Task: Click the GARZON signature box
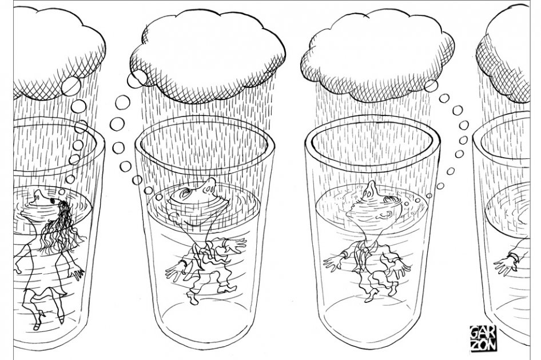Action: click(x=484, y=338)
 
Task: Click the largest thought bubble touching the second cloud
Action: click(x=137, y=78)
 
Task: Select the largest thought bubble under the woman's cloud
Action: click(x=71, y=86)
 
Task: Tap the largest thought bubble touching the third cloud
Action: click(x=431, y=86)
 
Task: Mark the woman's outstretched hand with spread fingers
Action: click(x=76, y=271)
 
